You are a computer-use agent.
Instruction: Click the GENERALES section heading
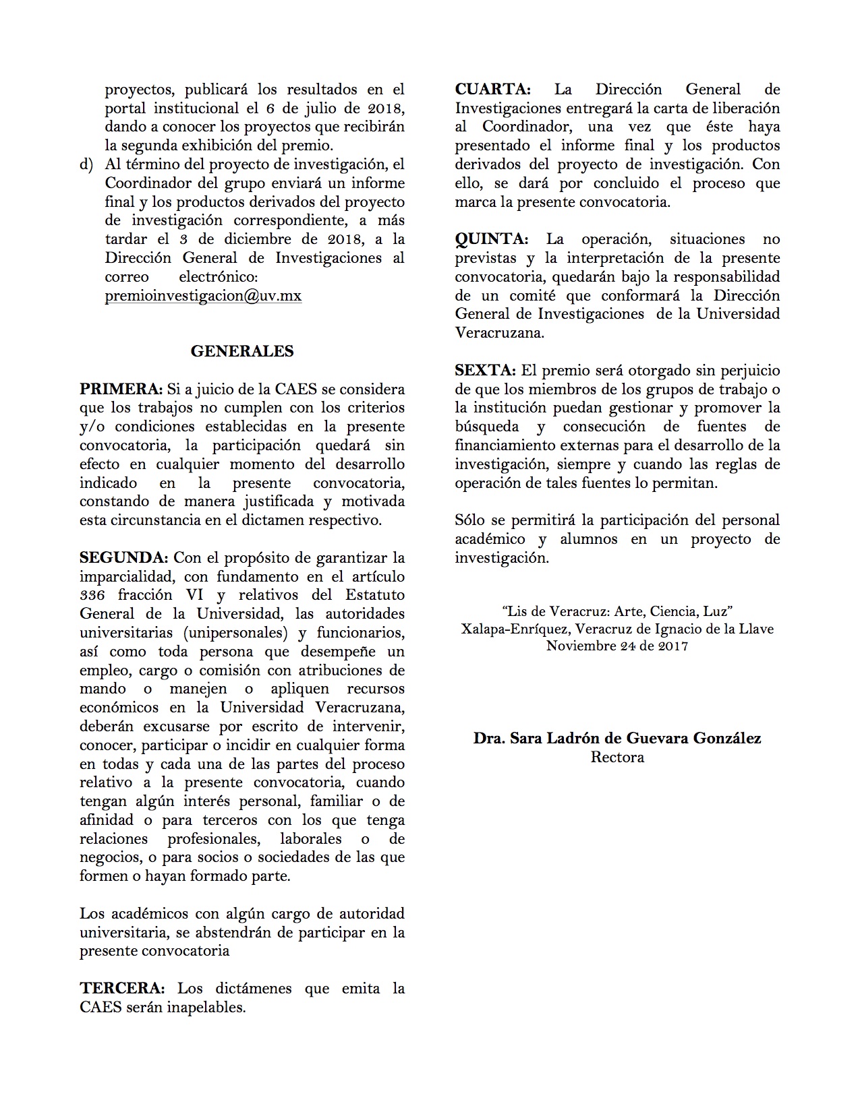point(242,351)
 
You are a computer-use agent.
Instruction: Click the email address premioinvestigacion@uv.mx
point(203,296)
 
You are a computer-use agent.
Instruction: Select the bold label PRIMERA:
point(121,390)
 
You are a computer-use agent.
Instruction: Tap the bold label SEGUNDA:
point(123,558)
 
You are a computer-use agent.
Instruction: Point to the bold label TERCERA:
point(122,989)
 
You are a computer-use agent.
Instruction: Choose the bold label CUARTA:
point(492,90)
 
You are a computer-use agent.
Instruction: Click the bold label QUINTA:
point(491,239)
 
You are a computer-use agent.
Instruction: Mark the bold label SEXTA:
point(485,371)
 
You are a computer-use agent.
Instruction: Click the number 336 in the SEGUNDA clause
point(92,595)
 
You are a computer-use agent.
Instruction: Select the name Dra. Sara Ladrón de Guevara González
point(617,738)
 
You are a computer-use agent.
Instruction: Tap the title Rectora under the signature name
point(617,757)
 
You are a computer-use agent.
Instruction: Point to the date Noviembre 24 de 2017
point(617,646)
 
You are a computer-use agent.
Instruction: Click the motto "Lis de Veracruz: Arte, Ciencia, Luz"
point(617,611)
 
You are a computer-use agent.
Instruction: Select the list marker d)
point(86,164)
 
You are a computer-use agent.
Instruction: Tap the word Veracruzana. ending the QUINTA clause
point(499,333)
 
